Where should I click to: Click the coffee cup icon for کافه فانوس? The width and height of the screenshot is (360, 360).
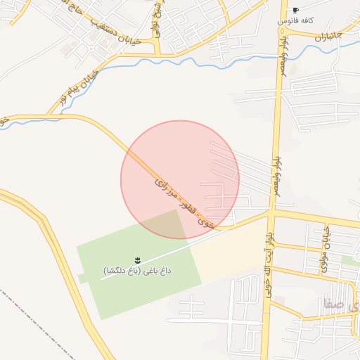point(295,11)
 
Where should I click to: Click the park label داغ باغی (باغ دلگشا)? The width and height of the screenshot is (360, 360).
point(138,270)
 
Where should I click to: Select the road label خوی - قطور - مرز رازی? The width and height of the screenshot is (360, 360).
point(184,203)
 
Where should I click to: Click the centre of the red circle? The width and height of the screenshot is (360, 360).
point(180,180)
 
